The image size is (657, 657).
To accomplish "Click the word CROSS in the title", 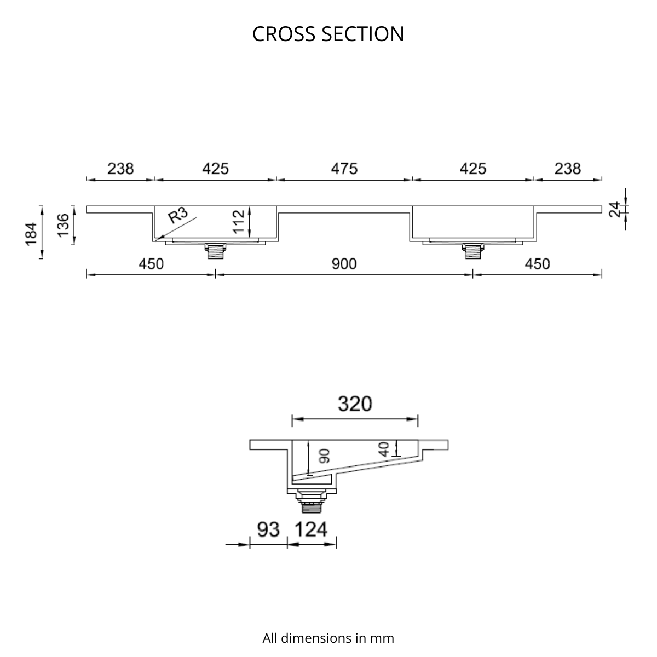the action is (x=284, y=34).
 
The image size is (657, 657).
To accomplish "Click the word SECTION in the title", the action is (x=363, y=34).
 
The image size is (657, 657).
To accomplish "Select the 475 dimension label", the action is (x=344, y=169).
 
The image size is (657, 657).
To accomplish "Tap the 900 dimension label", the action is (x=344, y=264).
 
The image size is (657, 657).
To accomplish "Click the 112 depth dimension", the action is (x=239, y=222).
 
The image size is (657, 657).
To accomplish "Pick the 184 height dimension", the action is (x=31, y=234).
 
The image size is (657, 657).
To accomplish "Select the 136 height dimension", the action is (x=64, y=226).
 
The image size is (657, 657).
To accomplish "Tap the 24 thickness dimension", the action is (x=615, y=209).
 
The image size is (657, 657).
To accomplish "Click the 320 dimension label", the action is (x=355, y=404).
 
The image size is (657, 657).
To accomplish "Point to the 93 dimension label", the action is (x=268, y=529).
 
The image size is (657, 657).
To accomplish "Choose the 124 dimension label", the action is (x=310, y=529).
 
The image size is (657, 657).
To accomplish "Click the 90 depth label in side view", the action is (x=325, y=456).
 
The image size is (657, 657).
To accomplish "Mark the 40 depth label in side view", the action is (x=384, y=449).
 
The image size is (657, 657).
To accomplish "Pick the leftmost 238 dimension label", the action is (x=120, y=169).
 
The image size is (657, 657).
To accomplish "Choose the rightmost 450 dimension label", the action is (x=537, y=264).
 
